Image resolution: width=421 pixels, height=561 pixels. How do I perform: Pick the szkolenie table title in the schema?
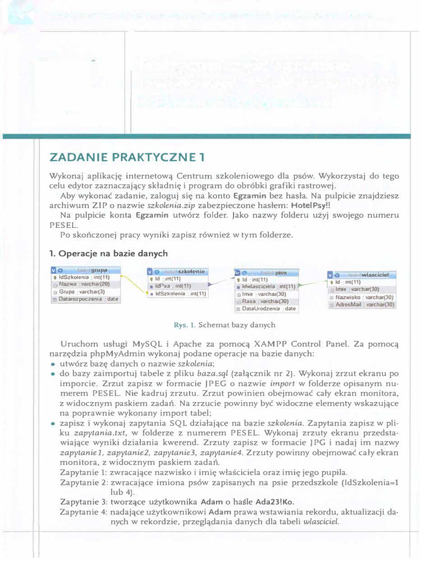(192, 271)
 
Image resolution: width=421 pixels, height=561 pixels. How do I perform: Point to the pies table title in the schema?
(281, 272)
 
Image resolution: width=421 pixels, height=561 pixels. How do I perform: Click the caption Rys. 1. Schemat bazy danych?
(224, 325)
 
